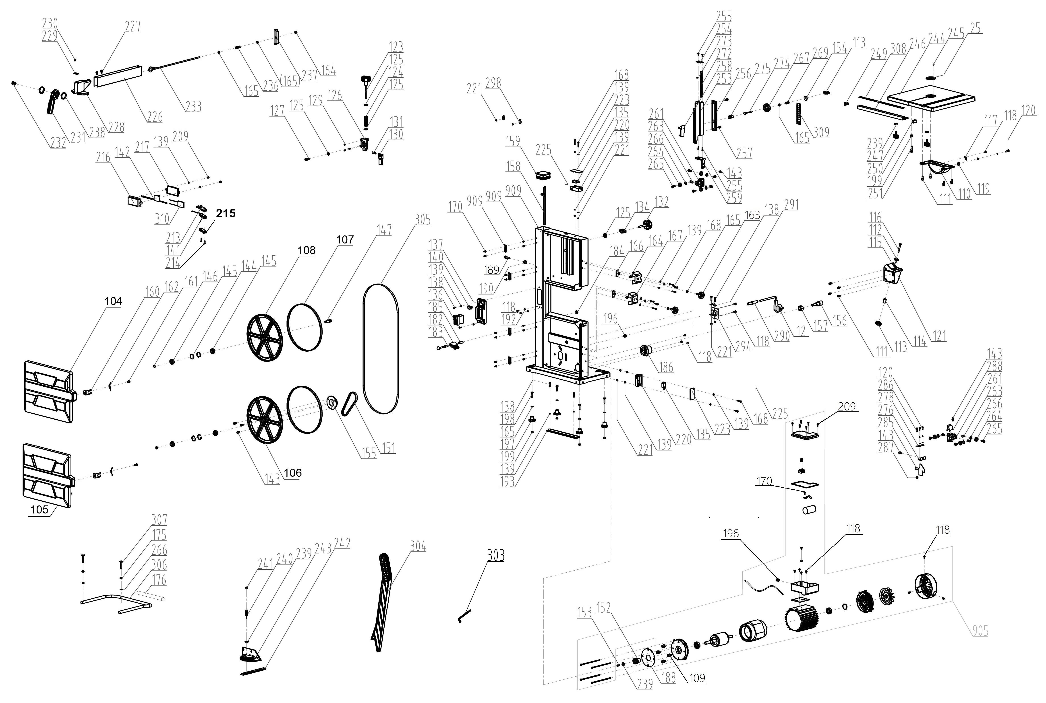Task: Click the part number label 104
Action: pyautogui.click(x=113, y=301)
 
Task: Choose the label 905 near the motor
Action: pyautogui.click(x=980, y=631)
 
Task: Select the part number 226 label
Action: pyautogui.click(x=155, y=117)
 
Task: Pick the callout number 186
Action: pyautogui.click(x=666, y=367)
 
